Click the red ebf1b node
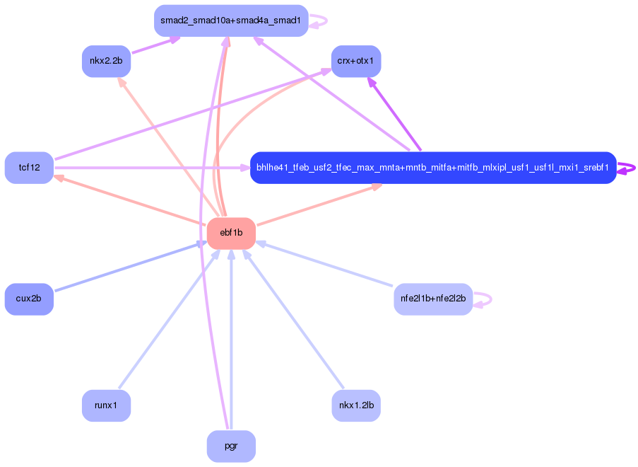231,233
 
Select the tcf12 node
29,168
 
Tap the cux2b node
29,299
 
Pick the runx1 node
106,405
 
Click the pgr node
231,446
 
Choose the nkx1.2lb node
356,405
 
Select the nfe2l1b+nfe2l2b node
432,299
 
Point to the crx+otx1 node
356,61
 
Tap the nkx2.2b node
106,61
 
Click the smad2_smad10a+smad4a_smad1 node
231,21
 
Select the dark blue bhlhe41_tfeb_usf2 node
432,168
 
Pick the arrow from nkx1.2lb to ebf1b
293,318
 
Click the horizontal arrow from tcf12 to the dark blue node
152,168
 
